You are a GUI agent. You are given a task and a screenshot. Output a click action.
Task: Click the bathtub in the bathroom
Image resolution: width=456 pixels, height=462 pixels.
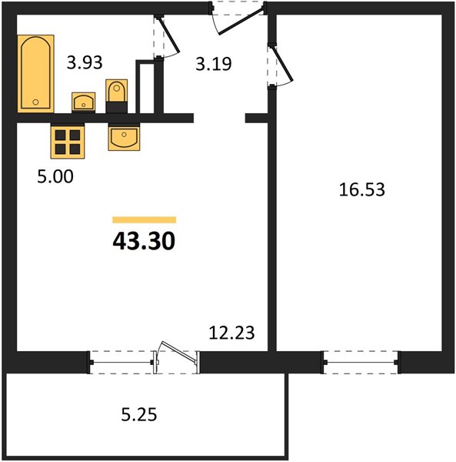pyautogui.click(x=35, y=74)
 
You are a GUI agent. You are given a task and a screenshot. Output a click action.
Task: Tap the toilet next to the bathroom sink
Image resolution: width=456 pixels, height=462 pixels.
pyautogui.click(x=117, y=96)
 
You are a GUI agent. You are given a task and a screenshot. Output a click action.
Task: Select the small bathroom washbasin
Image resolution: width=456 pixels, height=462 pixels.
pyautogui.click(x=84, y=102)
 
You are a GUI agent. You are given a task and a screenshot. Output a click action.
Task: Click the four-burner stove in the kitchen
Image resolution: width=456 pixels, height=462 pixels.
pyautogui.click(x=68, y=141)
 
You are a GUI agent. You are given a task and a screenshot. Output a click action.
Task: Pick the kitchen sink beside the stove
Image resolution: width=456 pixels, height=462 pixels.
pyautogui.click(x=124, y=137)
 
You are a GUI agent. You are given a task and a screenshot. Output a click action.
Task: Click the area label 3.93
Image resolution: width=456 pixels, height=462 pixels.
pyautogui.click(x=85, y=62)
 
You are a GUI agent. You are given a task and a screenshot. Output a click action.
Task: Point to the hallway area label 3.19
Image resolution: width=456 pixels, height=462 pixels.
pyautogui.click(x=214, y=64)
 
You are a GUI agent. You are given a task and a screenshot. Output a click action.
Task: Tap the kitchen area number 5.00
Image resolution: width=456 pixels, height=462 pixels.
pyautogui.click(x=55, y=176)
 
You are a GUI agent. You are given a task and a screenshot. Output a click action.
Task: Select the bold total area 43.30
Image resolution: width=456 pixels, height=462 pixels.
pyautogui.click(x=144, y=241)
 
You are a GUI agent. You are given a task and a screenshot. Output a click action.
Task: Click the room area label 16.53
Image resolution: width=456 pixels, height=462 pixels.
pyautogui.click(x=362, y=189)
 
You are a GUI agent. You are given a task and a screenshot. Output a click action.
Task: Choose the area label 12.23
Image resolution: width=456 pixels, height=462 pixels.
pyautogui.click(x=231, y=333)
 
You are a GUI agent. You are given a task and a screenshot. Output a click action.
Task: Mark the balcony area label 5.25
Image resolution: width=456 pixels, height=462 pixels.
pyautogui.click(x=139, y=414)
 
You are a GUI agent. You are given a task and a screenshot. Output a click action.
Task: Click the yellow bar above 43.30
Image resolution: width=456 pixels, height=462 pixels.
pyautogui.click(x=144, y=219)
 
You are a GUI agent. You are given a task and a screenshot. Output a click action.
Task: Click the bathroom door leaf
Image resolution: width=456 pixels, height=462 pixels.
pyautogui.click(x=169, y=35)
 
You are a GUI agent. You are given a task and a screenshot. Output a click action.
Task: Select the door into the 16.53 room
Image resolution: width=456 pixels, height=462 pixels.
pyautogui.click(x=283, y=64)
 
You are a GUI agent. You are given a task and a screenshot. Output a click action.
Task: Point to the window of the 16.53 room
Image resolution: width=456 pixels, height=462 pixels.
pyautogui.click(x=361, y=362)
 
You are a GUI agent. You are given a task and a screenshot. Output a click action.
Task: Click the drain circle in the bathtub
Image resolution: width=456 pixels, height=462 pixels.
pyautogui.click(x=35, y=102)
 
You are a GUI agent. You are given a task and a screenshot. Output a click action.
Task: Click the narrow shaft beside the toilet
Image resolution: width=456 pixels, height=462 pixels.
pyautogui.click(x=145, y=89)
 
